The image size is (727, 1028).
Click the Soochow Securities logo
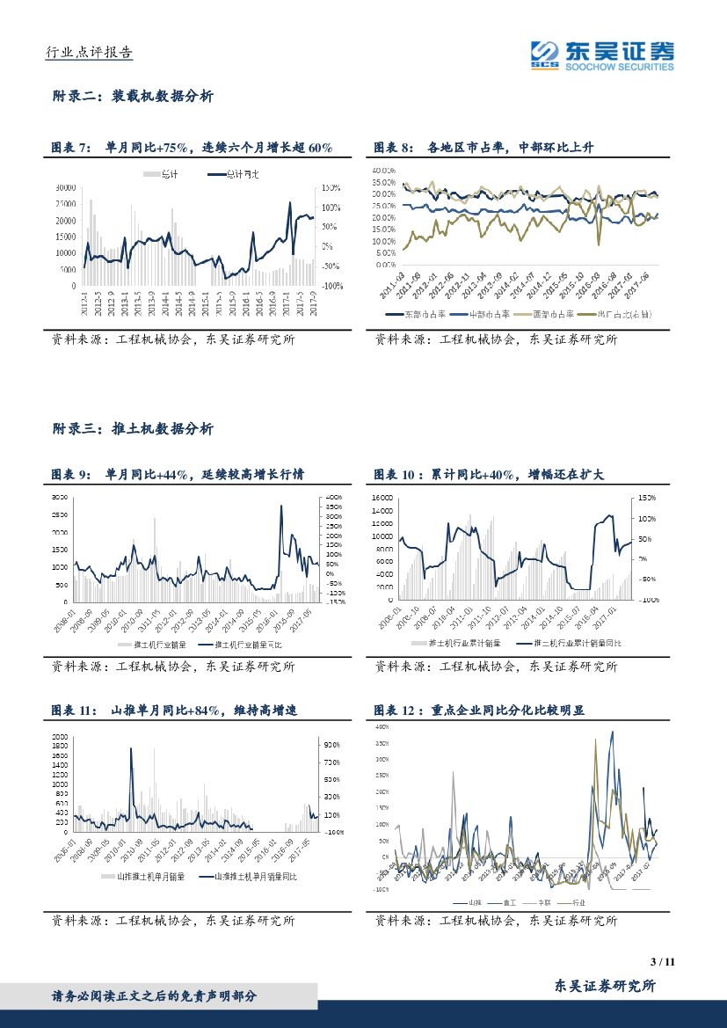(602, 55)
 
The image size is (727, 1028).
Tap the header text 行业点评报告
(89, 53)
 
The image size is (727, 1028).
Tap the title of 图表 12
(479, 711)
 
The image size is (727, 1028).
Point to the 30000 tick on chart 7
(64, 188)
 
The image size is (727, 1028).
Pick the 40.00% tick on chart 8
(385, 170)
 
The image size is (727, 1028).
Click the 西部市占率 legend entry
(552, 314)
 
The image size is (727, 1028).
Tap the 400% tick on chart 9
(332, 498)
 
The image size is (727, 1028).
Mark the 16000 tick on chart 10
(381, 498)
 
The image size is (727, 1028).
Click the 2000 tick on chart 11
(60, 736)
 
